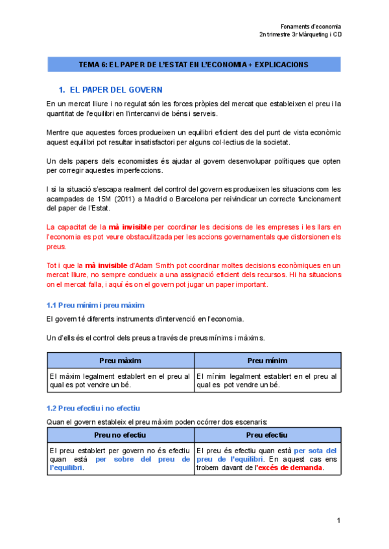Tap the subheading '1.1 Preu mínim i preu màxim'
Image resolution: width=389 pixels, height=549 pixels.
(x=95, y=305)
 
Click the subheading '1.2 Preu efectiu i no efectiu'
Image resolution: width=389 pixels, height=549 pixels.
(x=93, y=409)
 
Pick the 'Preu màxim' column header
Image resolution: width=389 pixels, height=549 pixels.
(x=121, y=361)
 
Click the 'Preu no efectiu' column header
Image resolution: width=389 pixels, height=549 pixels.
(x=121, y=435)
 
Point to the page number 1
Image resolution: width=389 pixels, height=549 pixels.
(x=338, y=521)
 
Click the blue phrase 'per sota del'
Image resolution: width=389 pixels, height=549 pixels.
(x=315, y=451)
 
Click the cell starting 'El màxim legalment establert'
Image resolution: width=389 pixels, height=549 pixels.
(x=120, y=380)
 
